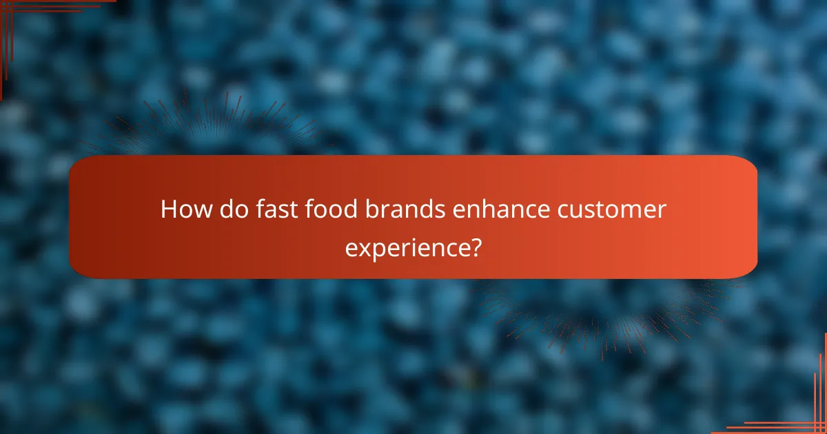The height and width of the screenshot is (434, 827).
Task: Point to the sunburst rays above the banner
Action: tap(221, 124)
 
